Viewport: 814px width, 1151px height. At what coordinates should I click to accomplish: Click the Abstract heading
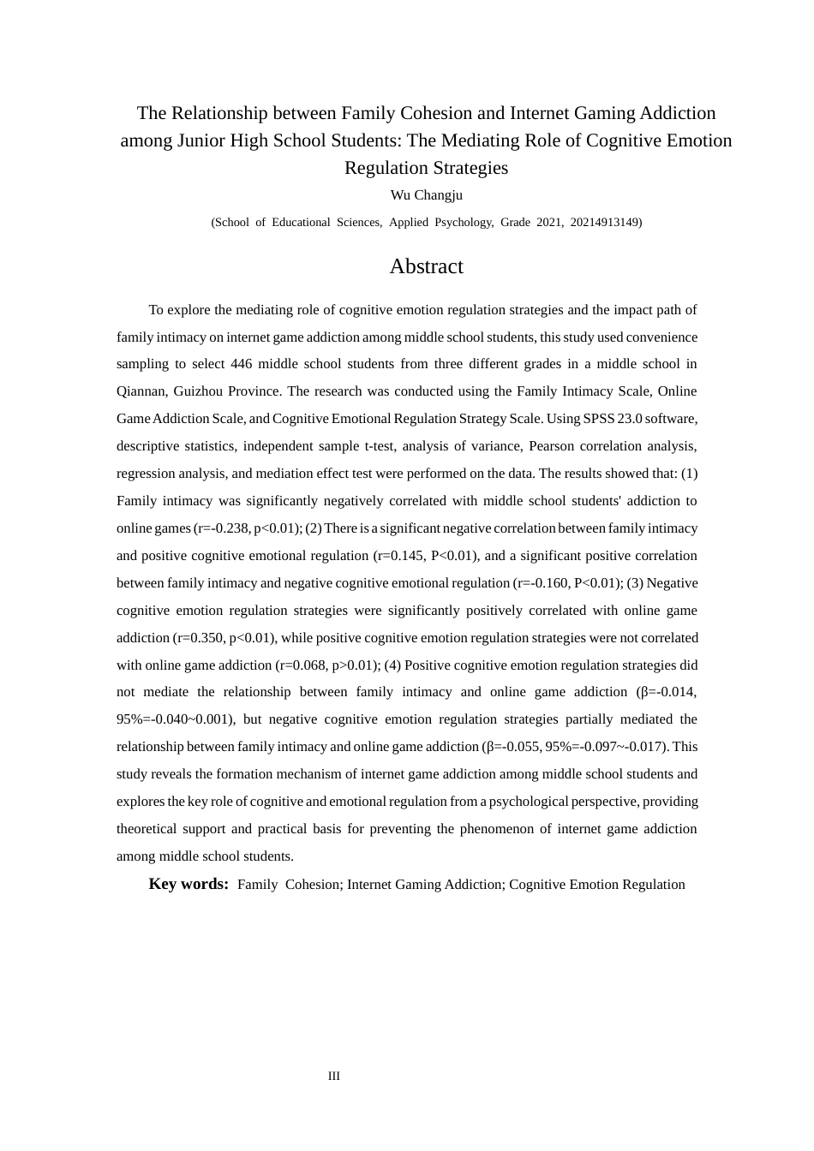[x=426, y=266]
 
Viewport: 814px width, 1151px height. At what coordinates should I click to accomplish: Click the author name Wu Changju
[x=426, y=195]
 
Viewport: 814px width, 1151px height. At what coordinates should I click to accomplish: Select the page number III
[x=334, y=1076]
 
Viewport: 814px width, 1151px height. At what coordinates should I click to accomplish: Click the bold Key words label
[x=189, y=884]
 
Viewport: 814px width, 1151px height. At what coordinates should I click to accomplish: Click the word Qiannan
[x=138, y=391]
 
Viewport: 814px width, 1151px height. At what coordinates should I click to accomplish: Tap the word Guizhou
[x=200, y=391]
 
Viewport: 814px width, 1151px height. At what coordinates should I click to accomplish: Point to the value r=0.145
[x=400, y=556]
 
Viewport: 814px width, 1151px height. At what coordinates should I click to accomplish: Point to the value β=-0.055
[x=512, y=747]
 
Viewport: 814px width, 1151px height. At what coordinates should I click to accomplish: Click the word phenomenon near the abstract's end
[x=498, y=829]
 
